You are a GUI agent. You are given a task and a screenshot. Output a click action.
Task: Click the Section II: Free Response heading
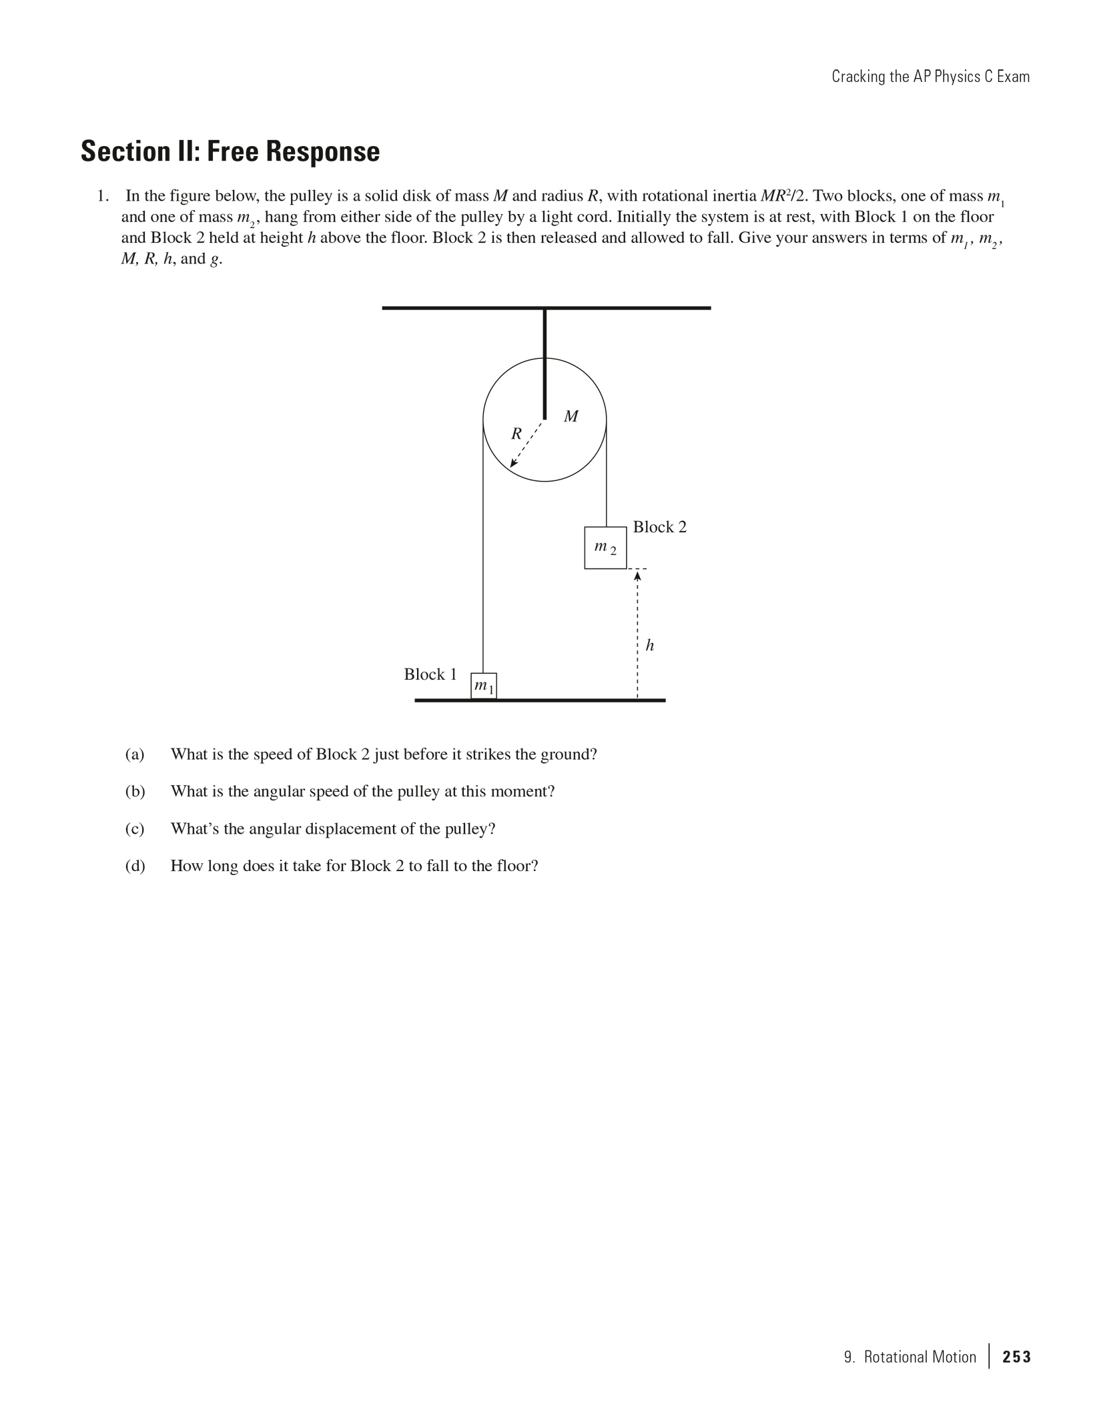[x=230, y=151]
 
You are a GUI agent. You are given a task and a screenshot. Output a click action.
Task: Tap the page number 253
[x=1016, y=1357]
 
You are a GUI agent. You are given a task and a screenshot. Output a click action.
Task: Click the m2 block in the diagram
[x=605, y=548]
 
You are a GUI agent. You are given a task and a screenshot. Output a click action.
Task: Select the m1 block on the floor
[x=484, y=686]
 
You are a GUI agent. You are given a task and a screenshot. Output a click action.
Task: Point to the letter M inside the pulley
[x=571, y=417]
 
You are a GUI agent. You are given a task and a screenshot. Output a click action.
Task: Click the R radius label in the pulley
[x=516, y=434]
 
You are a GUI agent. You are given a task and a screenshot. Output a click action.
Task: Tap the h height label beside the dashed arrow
[x=650, y=645]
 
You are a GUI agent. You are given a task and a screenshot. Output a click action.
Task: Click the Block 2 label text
[x=659, y=527]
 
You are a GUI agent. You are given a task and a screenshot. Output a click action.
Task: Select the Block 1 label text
[x=430, y=674]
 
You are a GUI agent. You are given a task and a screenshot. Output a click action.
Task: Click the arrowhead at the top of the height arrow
[x=637, y=576]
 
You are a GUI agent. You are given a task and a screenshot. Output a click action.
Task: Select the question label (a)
[x=135, y=754]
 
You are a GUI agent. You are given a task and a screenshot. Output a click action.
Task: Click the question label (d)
[x=135, y=866]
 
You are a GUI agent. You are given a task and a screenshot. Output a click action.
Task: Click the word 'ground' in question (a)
[x=567, y=754]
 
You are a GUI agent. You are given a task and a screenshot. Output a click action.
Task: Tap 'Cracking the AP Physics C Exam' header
[x=930, y=77]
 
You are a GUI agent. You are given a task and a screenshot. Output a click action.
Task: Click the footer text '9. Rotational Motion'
[x=909, y=1357]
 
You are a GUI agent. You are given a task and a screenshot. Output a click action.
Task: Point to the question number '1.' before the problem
[x=103, y=196]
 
